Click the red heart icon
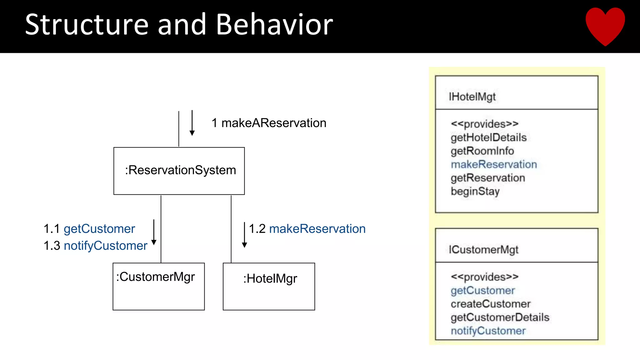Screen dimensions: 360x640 pos(605,25)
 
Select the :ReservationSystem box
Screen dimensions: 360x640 pos(179,171)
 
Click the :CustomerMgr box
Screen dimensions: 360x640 pos(158,287)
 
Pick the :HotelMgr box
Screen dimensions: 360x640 pos(269,287)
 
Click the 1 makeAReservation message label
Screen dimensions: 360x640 pos(269,123)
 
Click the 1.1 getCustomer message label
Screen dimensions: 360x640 pos(89,229)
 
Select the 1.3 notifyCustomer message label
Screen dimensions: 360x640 pos(95,246)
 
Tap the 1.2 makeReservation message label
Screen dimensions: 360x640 pos(307,229)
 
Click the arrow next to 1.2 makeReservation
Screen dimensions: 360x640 pos(244,235)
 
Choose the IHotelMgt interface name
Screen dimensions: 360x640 pos(472,97)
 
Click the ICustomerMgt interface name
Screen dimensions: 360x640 pos(483,250)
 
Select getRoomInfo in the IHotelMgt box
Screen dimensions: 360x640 pos(482,151)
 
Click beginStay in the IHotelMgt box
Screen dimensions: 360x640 pos(475,191)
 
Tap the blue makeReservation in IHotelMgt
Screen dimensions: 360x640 pos(494,164)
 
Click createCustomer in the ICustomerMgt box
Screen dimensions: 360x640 pos(491,304)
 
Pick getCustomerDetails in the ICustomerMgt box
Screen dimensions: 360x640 pos(500,317)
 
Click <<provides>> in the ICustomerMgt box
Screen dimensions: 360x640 pos(484,277)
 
